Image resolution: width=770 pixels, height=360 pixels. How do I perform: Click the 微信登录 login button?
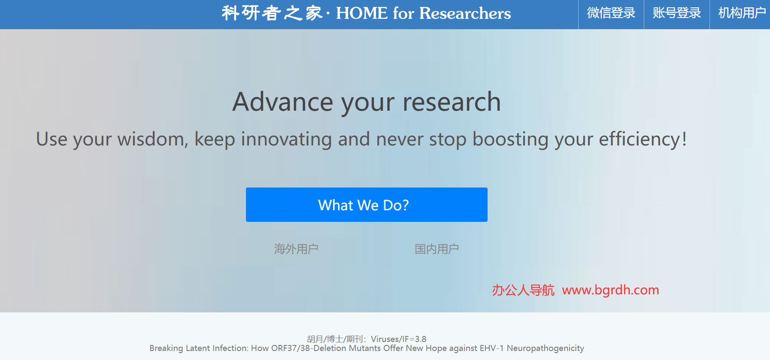tap(611, 13)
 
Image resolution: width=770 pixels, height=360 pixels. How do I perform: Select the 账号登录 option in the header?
tap(676, 13)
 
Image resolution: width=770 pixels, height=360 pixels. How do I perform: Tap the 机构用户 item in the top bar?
tap(741, 13)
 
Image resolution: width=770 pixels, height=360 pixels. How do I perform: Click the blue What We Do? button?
tap(367, 205)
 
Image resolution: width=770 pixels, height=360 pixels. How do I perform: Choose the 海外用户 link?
tap(296, 249)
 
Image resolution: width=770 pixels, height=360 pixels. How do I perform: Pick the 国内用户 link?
tap(437, 249)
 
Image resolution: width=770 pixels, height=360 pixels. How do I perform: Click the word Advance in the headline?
tap(282, 102)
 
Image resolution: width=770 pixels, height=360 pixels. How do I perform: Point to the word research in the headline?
tap(452, 102)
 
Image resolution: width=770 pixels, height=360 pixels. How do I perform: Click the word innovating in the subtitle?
tap(286, 139)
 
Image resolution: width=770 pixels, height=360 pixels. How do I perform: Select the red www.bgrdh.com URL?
tap(610, 290)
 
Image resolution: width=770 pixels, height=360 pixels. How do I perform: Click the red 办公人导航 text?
tap(523, 290)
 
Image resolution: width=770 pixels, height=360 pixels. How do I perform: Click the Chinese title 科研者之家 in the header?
tap(272, 13)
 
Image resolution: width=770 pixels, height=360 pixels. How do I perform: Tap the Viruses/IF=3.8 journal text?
tap(398, 339)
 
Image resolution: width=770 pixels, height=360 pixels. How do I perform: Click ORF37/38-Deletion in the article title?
tap(309, 348)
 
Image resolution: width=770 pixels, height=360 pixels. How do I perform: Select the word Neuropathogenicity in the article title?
tap(545, 348)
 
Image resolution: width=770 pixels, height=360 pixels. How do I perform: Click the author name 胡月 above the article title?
tap(315, 339)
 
